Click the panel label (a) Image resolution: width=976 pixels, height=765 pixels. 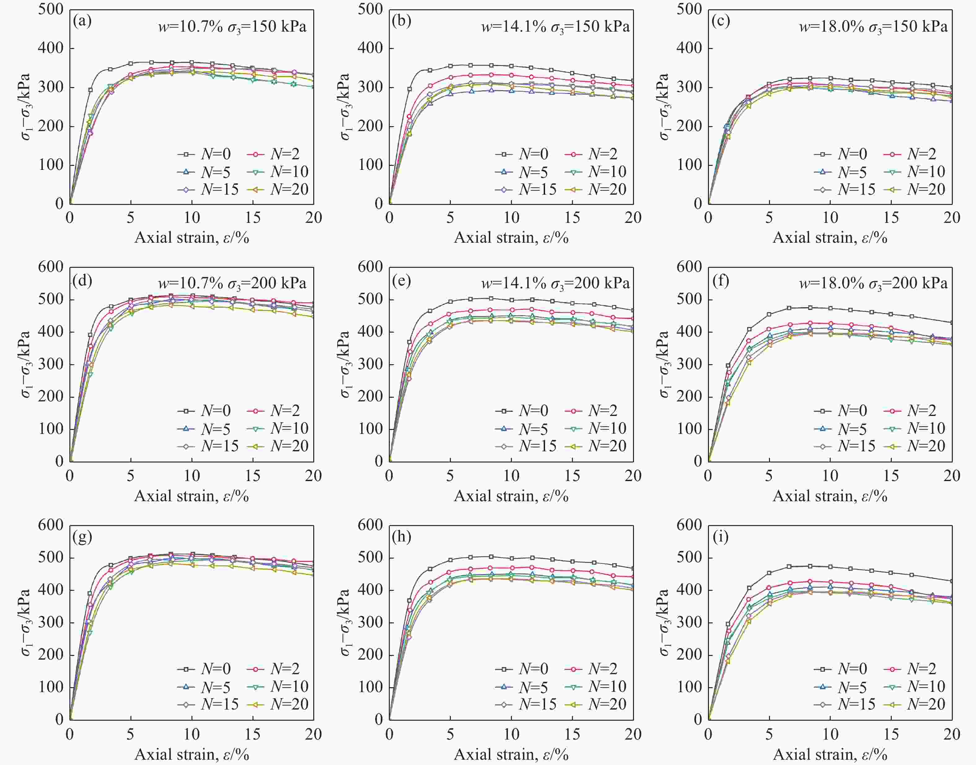[82, 21]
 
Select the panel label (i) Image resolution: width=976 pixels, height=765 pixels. [720, 537]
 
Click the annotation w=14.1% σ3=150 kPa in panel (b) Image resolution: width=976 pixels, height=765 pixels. [555, 27]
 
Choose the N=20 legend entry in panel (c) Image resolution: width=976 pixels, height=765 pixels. [914, 189]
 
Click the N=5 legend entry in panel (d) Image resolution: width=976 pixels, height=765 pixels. [204, 429]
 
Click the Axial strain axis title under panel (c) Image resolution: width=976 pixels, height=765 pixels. [830, 237]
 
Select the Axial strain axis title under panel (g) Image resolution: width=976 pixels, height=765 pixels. [191, 754]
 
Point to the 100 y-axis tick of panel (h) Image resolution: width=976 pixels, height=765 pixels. [370, 687]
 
